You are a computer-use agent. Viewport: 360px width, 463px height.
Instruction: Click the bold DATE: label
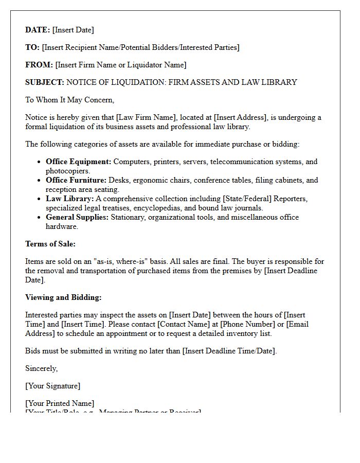click(x=38, y=30)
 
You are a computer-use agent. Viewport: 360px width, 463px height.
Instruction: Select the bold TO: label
click(x=32, y=47)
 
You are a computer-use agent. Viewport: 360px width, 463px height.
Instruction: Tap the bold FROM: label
click(x=39, y=65)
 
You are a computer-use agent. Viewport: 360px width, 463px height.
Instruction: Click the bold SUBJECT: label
click(x=45, y=82)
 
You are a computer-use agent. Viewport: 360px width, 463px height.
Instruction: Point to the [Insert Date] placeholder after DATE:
click(x=73, y=30)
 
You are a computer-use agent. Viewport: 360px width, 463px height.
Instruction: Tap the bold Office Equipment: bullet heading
click(x=78, y=162)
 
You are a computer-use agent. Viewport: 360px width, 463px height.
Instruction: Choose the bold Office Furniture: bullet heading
click(x=76, y=180)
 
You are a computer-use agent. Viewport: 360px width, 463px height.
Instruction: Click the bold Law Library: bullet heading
click(x=70, y=199)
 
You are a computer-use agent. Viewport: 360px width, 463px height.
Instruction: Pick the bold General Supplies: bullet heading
click(x=77, y=217)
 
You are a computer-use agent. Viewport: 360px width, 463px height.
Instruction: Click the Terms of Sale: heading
click(x=50, y=244)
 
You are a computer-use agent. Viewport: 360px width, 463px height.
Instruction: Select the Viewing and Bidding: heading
click(x=63, y=297)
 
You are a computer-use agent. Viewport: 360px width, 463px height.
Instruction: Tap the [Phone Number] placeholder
click(x=247, y=324)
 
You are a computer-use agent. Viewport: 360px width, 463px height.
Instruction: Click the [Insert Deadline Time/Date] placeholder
click(x=229, y=351)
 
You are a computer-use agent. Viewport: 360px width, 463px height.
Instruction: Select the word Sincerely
click(x=41, y=368)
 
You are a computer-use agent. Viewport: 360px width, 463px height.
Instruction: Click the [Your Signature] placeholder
click(x=52, y=386)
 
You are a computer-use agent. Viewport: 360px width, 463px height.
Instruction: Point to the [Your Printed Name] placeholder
click(x=60, y=403)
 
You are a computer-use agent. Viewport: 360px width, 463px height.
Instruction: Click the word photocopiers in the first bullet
click(x=67, y=171)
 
